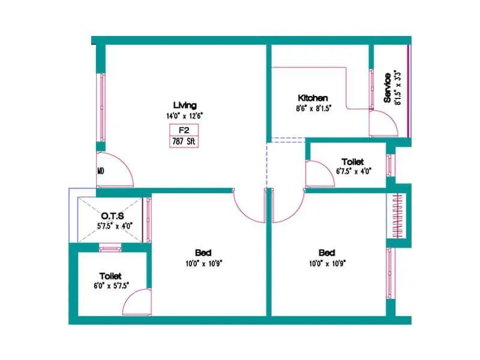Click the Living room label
coord(185,106)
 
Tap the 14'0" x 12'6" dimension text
coord(185,115)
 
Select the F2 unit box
coord(184,130)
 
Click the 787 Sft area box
coord(184,142)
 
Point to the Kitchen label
coord(313,98)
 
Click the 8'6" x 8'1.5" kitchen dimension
coord(313,108)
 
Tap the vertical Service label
coord(388,88)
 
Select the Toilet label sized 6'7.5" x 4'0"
coord(352,162)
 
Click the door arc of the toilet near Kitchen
coord(316,175)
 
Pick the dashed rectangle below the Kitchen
coord(286,141)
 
